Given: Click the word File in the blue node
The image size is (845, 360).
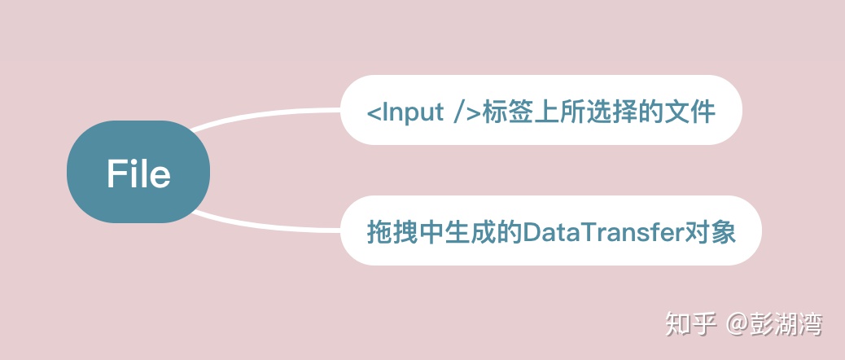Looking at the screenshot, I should click(138, 173).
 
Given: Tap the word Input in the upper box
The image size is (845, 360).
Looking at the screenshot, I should click(412, 112).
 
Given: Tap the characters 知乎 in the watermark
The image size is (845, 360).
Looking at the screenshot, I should click(690, 324).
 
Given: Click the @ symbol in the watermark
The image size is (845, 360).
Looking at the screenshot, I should click(737, 324).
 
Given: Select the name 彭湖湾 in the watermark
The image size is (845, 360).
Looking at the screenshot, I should click(786, 324).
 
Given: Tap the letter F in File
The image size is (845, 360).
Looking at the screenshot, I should click(116, 173).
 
